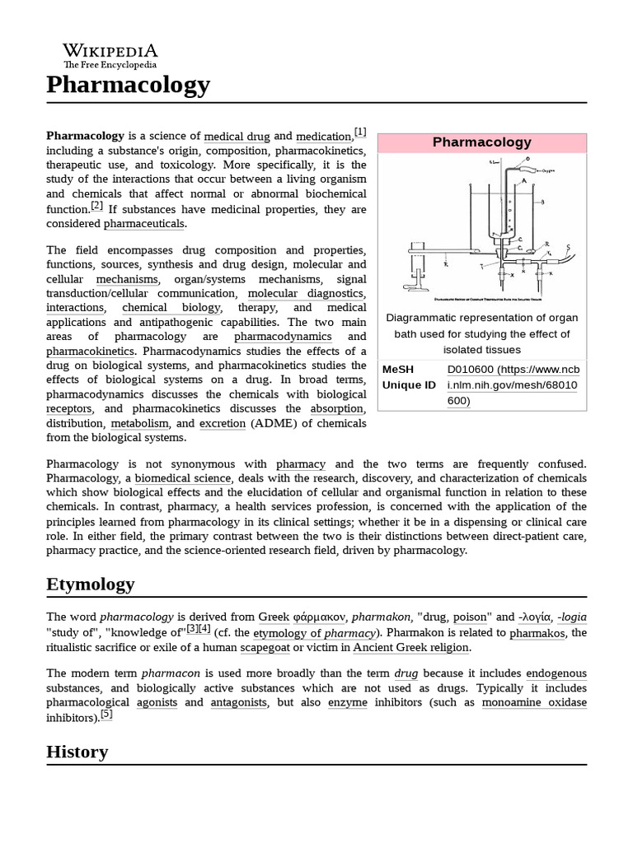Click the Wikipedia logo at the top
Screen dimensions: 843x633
[110, 55]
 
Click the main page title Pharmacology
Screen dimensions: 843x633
[128, 85]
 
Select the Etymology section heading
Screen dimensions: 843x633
[90, 585]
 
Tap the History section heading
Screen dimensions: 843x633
[77, 752]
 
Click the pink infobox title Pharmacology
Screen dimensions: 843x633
[482, 142]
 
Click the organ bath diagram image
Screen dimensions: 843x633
[482, 230]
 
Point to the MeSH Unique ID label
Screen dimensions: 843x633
[409, 378]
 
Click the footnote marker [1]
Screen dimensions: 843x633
[360, 132]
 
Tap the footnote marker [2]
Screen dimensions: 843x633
[96, 206]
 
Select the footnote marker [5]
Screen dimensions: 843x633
[105, 715]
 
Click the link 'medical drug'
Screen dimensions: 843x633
[237, 137]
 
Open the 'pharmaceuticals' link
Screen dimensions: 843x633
[144, 224]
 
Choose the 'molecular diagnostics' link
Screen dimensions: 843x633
[306, 294]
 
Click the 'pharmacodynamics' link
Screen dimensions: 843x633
[283, 337]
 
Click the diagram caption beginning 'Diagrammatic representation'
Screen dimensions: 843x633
[482, 333]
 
